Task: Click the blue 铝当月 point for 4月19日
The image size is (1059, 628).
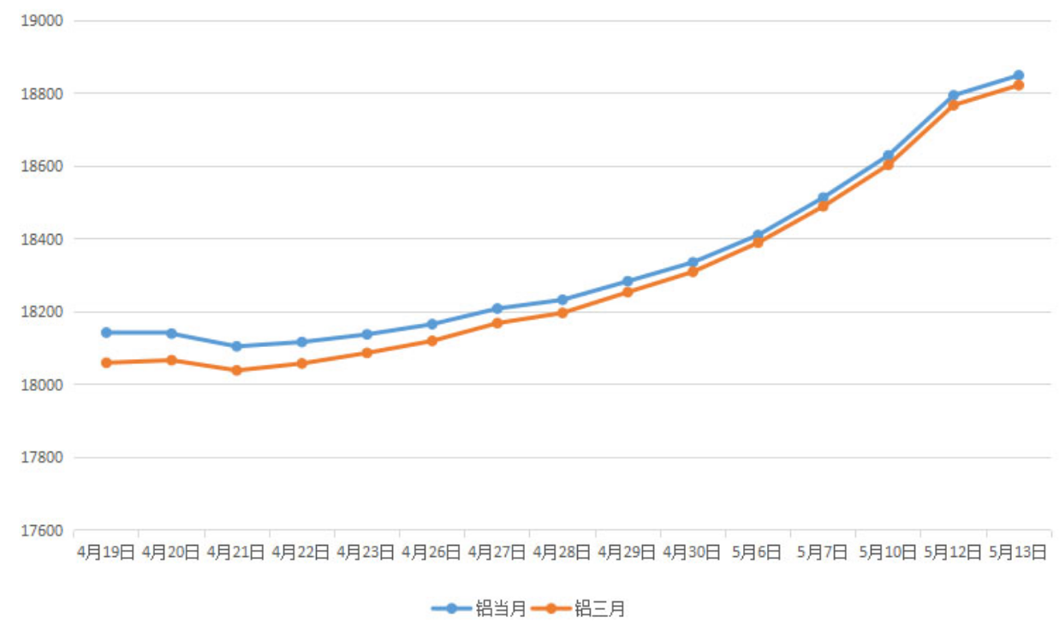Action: coord(106,332)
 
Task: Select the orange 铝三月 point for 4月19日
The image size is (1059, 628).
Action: coord(106,362)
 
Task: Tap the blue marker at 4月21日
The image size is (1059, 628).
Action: coord(236,346)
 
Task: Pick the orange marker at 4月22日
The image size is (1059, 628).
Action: coord(301,363)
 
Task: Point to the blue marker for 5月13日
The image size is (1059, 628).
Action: coord(1019,75)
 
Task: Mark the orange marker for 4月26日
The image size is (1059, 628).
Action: coord(432,341)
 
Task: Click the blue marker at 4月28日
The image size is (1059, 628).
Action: coord(562,300)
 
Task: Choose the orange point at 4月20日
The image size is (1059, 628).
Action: coord(171,360)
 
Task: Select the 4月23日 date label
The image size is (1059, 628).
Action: coord(366,553)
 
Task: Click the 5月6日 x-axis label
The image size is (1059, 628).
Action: coord(758,553)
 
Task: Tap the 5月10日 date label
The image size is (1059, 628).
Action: coord(888,553)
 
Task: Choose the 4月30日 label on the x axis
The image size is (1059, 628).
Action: coord(693,553)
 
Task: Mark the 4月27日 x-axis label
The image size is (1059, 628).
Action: coord(497,553)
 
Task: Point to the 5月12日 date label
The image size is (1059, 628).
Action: coord(953,553)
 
